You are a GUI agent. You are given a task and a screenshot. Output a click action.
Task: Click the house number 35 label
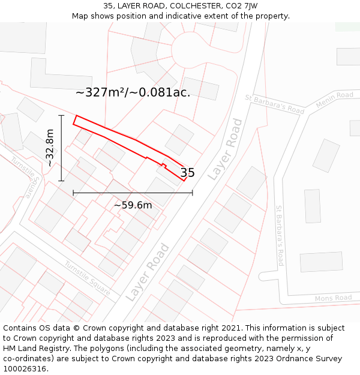[x=188, y=173]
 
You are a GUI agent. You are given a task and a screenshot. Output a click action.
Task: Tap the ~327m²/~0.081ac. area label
[x=133, y=92]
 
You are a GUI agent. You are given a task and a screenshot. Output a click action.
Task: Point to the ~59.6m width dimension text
[x=133, y=205]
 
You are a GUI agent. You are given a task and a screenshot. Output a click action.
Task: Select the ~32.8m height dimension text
[x=50, y=148]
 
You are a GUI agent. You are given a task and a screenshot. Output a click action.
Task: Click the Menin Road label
[x=335, y=99]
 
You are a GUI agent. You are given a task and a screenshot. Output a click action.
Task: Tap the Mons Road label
[x=333, y=298]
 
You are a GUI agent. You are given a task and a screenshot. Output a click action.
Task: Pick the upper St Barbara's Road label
[x=275, y=104]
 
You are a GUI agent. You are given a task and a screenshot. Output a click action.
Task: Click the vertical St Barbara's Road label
[x=279, y=236]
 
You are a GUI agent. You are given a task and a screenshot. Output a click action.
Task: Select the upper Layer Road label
[x=225, y=149]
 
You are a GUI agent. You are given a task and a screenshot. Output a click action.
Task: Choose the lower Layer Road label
[x=148, y=272]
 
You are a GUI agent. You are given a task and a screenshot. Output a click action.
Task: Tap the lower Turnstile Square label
[x=88, y=278]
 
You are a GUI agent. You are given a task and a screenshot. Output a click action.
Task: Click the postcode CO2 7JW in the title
[x=241, y=6]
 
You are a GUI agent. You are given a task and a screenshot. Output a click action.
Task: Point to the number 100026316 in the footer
[x=25, y=369]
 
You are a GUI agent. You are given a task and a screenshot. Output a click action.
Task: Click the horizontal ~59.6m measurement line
[x=133, y=193]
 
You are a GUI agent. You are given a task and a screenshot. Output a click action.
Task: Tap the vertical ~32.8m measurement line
[x=61, y=148]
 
